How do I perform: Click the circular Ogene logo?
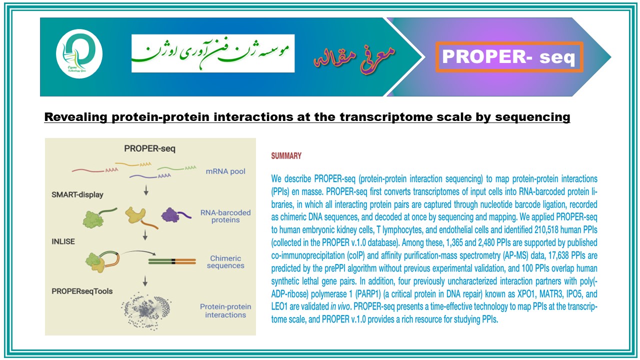(79, 53)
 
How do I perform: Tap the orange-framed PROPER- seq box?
(509, 57)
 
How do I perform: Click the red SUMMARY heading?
(286, 155)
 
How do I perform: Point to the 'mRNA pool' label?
(225, 171)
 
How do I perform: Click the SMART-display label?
(77, 194)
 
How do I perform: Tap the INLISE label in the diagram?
(63, 241)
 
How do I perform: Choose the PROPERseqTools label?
(82, 291)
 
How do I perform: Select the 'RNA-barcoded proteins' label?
(225, 216)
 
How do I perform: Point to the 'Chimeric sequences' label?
(225, 261)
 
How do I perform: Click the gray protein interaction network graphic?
(146, 311)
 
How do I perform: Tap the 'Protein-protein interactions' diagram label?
(225, 310)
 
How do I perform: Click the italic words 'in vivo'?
(340, 306)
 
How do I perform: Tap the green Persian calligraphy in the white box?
(211, 53)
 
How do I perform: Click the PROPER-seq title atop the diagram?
(149, 148)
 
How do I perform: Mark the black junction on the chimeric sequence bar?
(173, 261)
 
